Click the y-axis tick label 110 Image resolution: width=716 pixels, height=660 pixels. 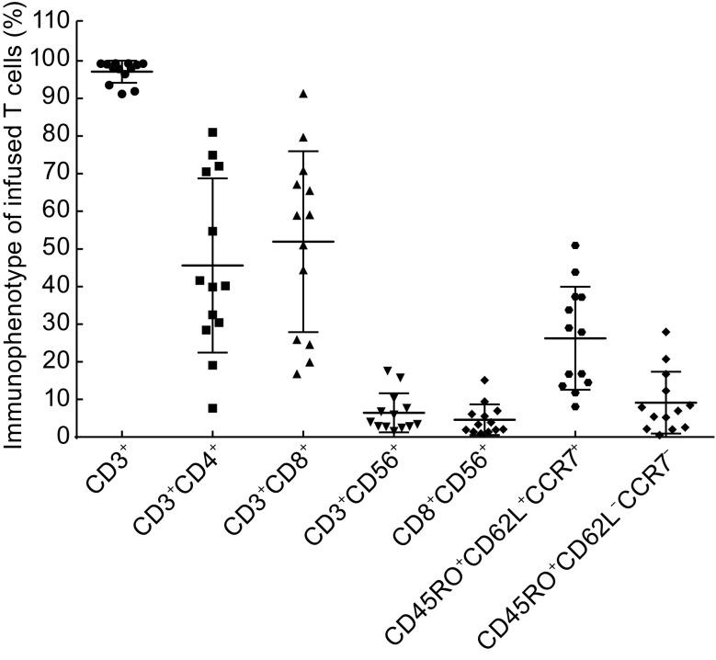click(50, 22)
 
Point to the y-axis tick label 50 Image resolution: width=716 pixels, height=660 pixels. click(54, 249)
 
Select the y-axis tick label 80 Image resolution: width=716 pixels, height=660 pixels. click(54, 136)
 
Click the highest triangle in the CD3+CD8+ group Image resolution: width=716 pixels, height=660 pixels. click(302, 94)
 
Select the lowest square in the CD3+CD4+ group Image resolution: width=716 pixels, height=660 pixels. click(212, 408)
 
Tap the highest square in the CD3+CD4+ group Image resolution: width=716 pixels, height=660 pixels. click(212, 132)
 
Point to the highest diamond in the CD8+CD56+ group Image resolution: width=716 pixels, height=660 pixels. click(484, 380)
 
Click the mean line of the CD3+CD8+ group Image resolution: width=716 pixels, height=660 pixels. click(302, 241)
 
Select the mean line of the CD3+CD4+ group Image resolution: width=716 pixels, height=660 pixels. click(212, 265)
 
